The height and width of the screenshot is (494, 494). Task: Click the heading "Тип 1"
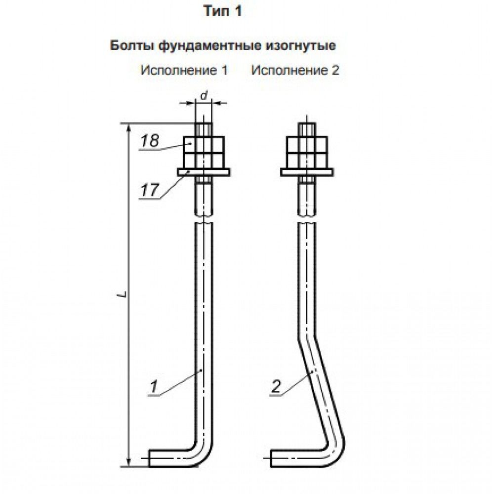click(223, 11)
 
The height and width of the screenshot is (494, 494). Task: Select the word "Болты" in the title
click(132, 45)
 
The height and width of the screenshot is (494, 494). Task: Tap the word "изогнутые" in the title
click(301, 46)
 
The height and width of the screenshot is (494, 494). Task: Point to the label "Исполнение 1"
click(184, 70)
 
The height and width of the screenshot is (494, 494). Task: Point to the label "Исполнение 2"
click(295, 70)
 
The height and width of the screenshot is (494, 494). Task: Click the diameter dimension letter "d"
click(204, 95)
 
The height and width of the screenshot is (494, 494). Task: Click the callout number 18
click(150, 141)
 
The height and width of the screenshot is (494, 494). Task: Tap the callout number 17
click(149, 190)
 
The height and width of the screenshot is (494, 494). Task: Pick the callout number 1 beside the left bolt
click(154, 387)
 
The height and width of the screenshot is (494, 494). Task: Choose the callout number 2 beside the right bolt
click(276, 386)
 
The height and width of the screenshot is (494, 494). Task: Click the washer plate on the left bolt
click(204, 172)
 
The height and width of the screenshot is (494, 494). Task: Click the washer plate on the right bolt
click(307, 172)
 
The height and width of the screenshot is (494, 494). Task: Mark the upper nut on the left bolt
click(204, 145)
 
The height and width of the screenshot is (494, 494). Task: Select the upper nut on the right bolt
click(307, 145)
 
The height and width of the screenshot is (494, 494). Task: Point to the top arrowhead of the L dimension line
click(128, 128)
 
